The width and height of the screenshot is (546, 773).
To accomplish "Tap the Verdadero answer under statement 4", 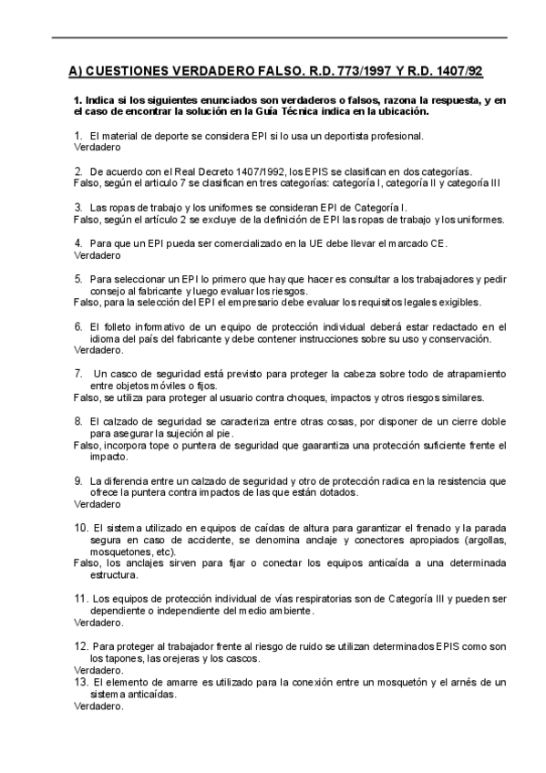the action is coord(96,255).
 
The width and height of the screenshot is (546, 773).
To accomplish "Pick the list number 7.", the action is coord(77,374).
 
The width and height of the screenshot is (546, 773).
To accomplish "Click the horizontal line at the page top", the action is coord(273,37).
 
